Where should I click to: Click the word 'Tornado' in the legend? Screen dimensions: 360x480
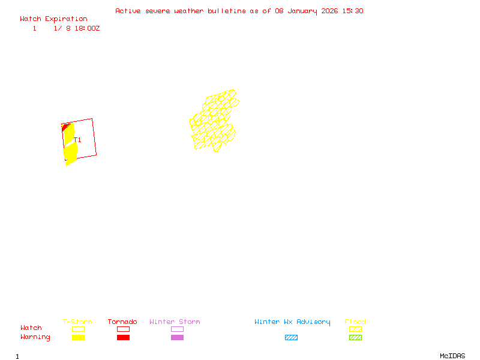pyautogui.click(x=122, y=322)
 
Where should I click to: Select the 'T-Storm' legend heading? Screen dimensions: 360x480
pyautogui.click(x=77, y=322)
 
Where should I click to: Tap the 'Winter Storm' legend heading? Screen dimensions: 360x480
pyautogui.click(x=175, y=322)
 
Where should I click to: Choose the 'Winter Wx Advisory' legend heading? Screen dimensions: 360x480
pyautogui.click(x=292, y=322)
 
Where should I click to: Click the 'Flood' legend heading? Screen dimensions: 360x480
pyautogui.click(x=355, y=322)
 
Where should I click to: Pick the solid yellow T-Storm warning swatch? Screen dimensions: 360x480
pyautogui.click(x=78, y=338)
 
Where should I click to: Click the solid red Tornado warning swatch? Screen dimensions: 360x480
pyautogui.click(x=123, y=338)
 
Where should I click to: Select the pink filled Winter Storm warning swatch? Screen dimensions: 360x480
pyautogui.click(x=177, y=338)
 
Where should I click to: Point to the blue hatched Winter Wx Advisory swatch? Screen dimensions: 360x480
pyautogui.click(x=291, y=338)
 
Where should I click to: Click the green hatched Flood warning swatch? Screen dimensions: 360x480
pyautogui.click(x=355, y=338)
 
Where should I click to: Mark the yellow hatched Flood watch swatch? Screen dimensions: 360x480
pyautogui.click(x=355, y=329)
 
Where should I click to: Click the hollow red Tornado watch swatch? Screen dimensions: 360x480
pyautogui.click(x=123, y=329)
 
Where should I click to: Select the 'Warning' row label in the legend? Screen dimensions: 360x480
pyautogui.click(x=35, y=337)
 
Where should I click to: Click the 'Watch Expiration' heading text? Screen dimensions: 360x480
pyautogui.click(x=53, y=19)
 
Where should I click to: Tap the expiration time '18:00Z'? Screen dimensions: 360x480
pyautogui.click(x=87, y=28)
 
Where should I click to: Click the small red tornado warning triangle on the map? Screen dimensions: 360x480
pyautogui.click(x=64, y=127)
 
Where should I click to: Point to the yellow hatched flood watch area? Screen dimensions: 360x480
pyautogui.click(x=213, y=123)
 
